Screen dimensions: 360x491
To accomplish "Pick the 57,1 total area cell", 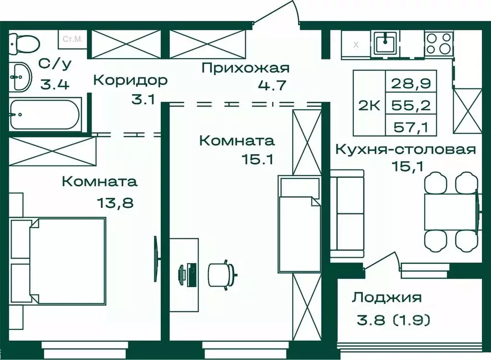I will (412, 127).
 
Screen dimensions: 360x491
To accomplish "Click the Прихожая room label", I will (245, 69).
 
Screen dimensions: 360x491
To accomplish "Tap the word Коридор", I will (130, 80).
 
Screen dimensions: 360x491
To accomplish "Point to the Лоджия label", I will (386, 298).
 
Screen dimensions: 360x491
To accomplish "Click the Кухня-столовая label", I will (406, 150).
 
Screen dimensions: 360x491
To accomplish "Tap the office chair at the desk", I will (222, 274).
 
